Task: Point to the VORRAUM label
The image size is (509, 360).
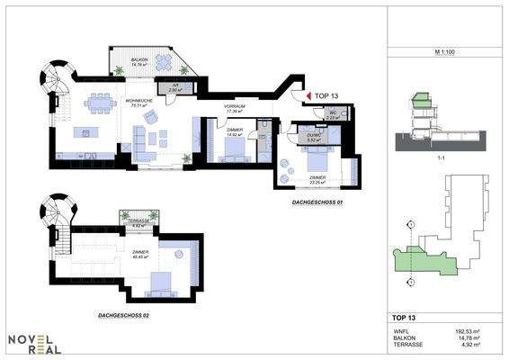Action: pyautogui.click(x=235, y=108)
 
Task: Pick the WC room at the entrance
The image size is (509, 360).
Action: pyautogui.click(x=331, y=114)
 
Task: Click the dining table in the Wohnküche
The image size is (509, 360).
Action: pyautogui.click(x=101, y=103)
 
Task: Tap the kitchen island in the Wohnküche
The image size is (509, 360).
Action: pyautogui.click(x=87, y=134)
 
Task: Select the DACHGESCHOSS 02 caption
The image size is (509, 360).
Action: pyautogui.click(x=125, y=316)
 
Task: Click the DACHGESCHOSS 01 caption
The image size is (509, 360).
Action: pyautogui.click(x=318, y=203)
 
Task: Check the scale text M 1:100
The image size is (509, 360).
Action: pyautogui.click(x=443, y=53)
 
